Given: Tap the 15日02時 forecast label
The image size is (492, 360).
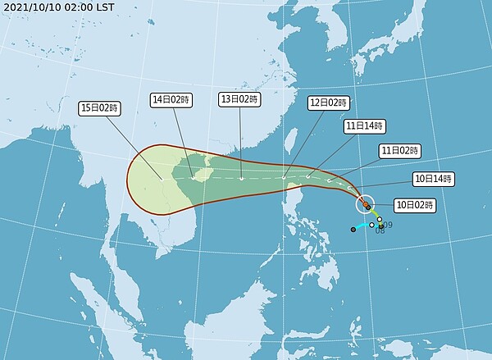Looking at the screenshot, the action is pos(99,107).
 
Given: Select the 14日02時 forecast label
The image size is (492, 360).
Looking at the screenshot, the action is pos(171,99).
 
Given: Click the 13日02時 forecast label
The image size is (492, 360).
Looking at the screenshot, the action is pos(239,99).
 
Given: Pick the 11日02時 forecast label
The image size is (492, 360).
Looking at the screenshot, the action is pos(399,151).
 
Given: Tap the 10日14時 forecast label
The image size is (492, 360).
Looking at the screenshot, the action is pos(432,178).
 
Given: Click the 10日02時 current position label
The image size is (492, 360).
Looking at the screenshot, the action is pos(415,203).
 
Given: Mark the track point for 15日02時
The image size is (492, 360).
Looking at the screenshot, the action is pos(162,179).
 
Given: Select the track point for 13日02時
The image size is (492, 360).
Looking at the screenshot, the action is pos(241,178).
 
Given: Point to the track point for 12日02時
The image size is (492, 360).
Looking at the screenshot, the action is pos(284,177).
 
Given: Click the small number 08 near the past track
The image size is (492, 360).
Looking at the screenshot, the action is pos(380,231).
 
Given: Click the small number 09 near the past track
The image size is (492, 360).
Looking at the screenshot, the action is pos(388,225).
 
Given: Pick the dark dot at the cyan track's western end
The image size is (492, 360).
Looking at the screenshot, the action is pos(353,230).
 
